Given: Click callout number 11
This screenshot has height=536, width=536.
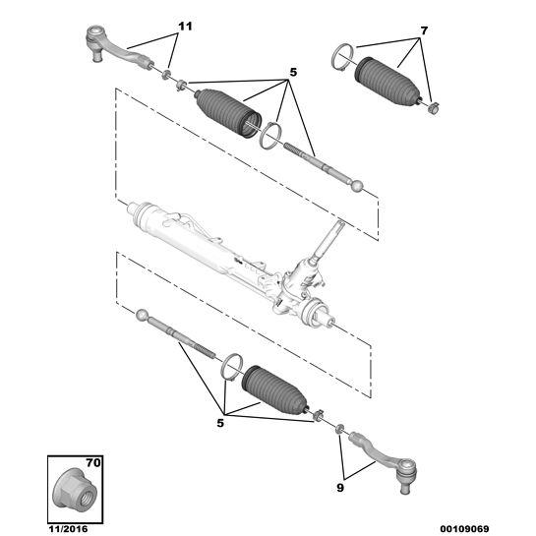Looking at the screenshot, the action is [185, 27].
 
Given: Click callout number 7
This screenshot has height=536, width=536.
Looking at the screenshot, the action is [424, 31].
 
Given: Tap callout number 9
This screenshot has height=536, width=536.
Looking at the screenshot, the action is [339, 488].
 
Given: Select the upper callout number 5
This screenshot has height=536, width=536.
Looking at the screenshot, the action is [293, 73].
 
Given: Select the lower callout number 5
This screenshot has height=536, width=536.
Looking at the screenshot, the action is [220, 423].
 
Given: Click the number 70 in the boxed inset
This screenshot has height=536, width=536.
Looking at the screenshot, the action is [93, 463].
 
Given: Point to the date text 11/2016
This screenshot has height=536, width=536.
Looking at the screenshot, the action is [67, 529].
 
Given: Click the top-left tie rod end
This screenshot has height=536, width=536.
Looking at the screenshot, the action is [116, 48].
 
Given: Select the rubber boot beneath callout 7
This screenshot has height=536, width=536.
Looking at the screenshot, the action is [387, 81].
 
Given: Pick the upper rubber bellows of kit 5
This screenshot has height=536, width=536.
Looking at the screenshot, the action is [228, 113].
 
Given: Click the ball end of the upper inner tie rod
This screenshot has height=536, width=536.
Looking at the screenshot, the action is [358, 186].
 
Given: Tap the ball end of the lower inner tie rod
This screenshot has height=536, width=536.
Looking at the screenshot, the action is [142, 315].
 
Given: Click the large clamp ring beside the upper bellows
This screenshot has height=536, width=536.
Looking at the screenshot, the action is [270, 136].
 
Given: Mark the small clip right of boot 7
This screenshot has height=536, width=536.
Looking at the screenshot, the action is [433, 108].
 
